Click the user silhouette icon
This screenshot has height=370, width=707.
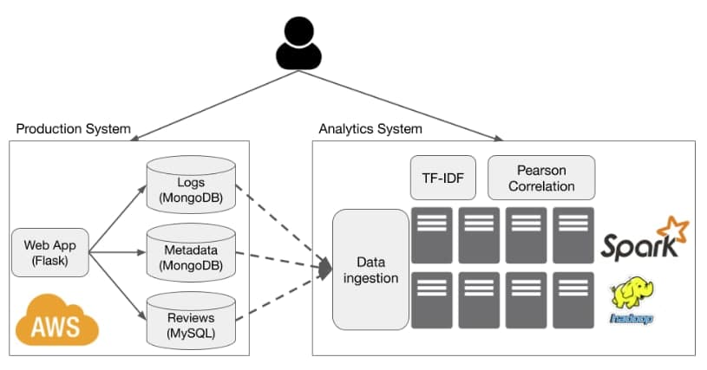(298, 43)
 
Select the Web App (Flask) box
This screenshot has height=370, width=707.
(50, 252)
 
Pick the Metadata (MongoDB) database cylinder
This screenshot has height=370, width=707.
(191, 252)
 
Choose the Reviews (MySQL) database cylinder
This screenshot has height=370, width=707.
(191, 321)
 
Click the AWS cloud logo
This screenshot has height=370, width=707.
(56, 320)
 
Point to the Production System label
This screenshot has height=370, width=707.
(74, 129)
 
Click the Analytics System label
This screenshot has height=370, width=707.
(370, 129)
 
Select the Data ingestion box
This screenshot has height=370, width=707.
(370, 269)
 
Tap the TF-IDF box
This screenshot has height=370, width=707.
(442, 178)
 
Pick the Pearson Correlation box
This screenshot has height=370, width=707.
(541, 178)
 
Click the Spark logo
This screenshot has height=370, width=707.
(645, 238)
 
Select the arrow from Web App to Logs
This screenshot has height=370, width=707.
(118, 218)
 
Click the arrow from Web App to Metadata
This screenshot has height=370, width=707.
(118, 252)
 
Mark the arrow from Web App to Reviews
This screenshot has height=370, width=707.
(118, 286)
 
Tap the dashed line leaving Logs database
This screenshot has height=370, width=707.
(282, 224)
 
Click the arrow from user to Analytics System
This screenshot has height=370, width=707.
(401, 106)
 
